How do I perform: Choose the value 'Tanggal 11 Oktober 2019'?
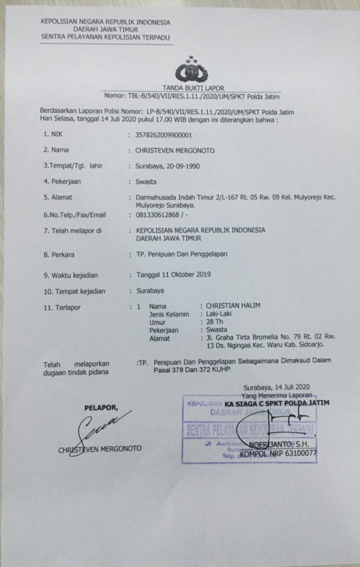tap(173, 274)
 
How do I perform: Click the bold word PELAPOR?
tap(101, 407)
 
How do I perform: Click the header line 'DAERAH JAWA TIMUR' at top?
tap(105, 29)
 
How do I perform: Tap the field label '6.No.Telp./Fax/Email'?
tap(75, 215)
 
